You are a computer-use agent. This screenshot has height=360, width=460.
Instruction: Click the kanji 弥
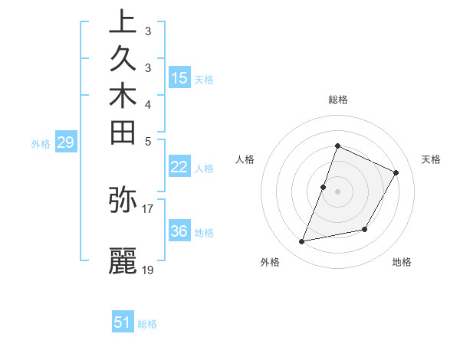(123, 199)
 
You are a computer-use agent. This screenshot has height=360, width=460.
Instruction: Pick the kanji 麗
(123, 261)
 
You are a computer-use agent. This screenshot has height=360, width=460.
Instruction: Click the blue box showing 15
(179, 77)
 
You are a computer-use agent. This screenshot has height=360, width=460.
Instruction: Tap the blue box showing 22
(179, 167)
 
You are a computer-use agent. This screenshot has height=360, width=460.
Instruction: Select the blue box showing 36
(179, 231)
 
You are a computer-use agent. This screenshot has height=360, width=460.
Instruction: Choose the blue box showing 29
(66, 142)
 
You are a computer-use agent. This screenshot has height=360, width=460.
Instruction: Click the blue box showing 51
(123, 322)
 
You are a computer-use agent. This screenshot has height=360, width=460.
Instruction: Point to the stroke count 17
(148, 208)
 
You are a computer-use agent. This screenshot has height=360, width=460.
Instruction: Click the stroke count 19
(148, 270)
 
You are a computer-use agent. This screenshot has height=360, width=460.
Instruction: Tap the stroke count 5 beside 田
(147, 141)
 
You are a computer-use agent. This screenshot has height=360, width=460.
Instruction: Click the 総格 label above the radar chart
(337, 100)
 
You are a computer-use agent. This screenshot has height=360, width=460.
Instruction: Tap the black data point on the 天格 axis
(396, 172)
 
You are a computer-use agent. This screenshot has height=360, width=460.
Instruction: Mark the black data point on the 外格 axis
(302, 242)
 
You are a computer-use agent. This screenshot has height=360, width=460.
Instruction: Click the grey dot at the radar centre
(337, 191)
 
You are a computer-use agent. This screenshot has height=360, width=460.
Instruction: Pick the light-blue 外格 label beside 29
(41, 143)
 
